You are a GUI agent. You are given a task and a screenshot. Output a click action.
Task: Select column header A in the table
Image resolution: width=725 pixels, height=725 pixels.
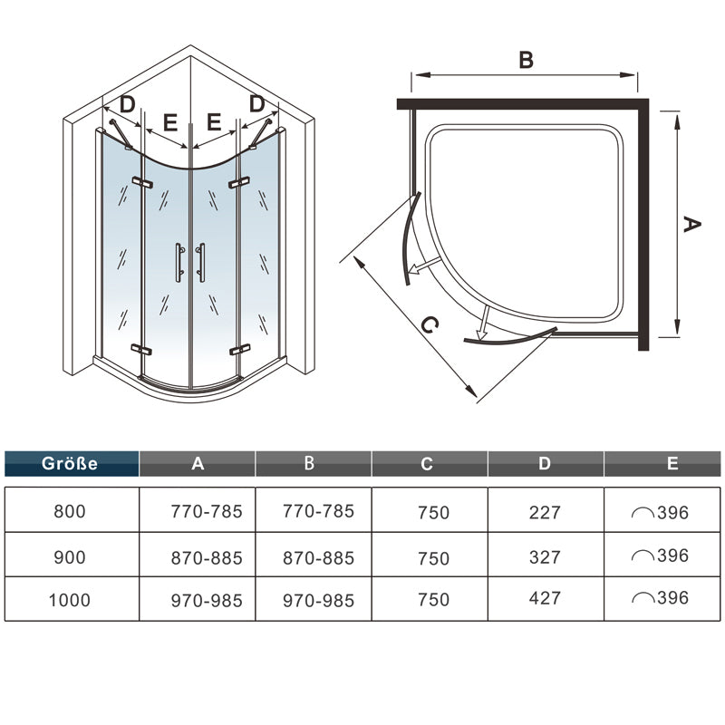[198, 464]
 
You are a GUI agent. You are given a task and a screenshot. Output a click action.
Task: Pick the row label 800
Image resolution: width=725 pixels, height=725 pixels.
[71, 511]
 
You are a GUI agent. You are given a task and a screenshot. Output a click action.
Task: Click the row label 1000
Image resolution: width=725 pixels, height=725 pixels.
[71, 599]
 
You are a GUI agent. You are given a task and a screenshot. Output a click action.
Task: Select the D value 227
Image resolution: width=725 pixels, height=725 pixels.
[544, 512]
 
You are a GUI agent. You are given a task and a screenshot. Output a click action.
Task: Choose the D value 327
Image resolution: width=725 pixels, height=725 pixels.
[544, 556]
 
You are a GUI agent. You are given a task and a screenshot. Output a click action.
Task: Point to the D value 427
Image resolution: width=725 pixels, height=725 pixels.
[544, 599]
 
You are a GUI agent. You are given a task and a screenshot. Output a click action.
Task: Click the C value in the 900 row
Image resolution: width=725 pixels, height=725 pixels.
[433, 557]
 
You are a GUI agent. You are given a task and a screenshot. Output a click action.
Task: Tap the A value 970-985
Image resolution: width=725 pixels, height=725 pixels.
[207, 599]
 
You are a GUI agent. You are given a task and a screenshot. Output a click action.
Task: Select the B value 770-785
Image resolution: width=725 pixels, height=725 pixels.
[318, 511]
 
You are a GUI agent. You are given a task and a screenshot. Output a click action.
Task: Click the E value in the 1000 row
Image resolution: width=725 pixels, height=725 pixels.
[661, 599]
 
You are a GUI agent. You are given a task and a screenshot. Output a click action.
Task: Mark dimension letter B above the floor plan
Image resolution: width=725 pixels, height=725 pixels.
[526, 60]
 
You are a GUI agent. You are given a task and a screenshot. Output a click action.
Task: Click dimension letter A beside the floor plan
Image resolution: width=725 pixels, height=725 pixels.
[691, 225]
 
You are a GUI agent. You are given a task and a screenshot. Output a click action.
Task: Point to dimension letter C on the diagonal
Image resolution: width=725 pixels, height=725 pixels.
[431, 325]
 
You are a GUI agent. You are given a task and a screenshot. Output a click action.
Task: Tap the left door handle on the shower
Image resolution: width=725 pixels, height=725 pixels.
[179, 260]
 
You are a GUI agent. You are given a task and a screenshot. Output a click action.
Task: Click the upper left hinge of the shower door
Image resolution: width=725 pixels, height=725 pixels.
[140, 183]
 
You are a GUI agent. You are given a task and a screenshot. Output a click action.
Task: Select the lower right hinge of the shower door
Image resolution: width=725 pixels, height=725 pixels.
[239, 349]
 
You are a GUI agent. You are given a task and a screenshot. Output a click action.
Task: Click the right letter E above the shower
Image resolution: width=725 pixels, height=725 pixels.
[214, 121]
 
